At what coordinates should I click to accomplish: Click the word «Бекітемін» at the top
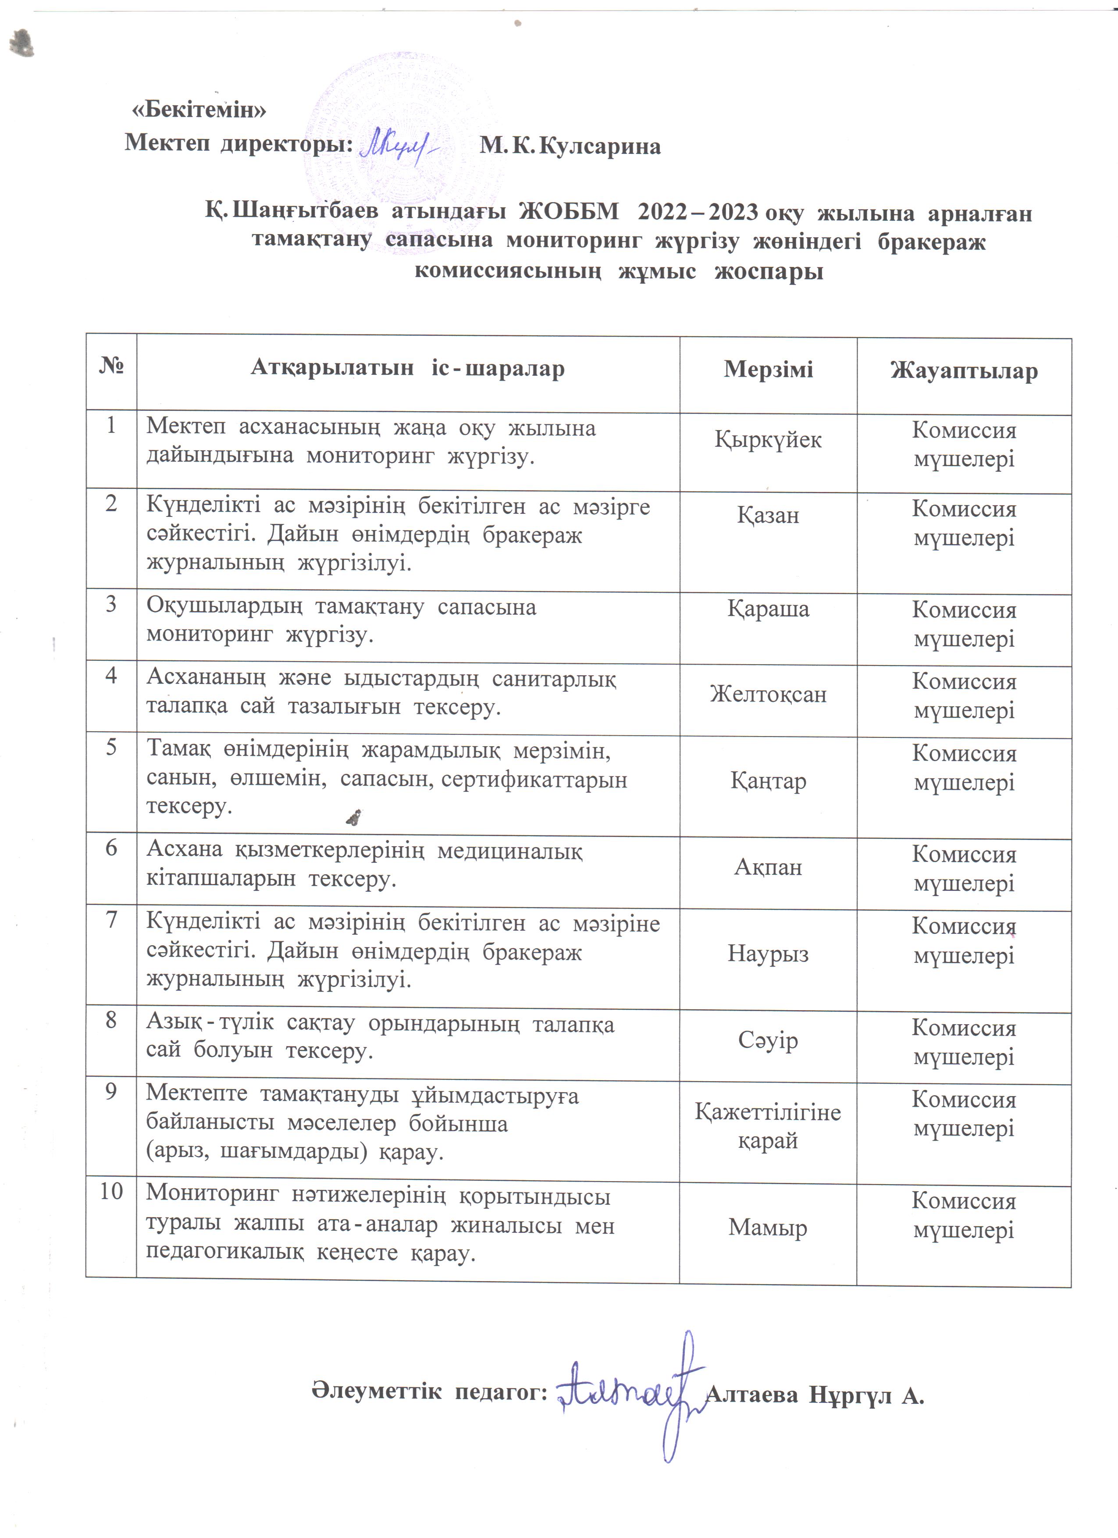pyautogui.click(x=199, y=110)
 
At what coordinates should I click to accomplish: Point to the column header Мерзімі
pyautogui.click(x=768, y=370)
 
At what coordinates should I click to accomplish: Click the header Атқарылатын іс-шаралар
pyautogui.click(x=407, y=368)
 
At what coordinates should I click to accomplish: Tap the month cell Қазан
pyautogui.click(x=768, y=516)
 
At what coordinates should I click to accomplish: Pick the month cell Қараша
pyautogui.click(x=768, y=609)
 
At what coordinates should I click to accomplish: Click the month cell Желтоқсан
pyautogui.click(x=768, y=694)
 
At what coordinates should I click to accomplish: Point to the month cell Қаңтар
pyautogui.click(x=768, y=781)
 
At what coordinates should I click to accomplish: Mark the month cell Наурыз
pyautogui.click(x=768, y=954)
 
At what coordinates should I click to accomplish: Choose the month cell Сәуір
pyautogui.click(x=768, y=1040)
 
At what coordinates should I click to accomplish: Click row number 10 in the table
pyautogui.click(x=111, y=1192)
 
